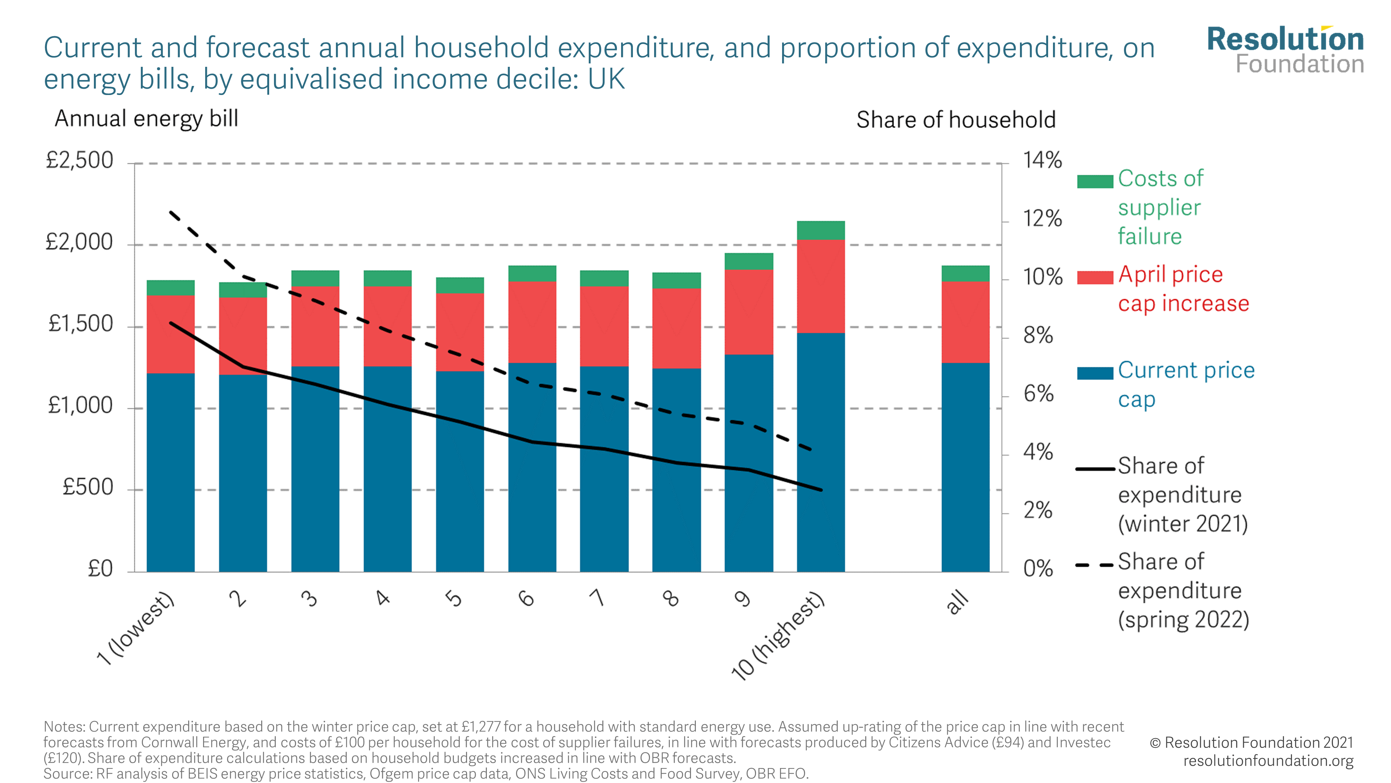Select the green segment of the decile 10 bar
820,230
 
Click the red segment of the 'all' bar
965,322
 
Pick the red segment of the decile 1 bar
171,334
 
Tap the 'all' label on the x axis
958,602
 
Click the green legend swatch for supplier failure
1095,182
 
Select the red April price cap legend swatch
1095,277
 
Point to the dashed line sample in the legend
1095,565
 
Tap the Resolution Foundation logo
1285,50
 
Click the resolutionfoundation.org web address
1268,761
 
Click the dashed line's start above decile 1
171,212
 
